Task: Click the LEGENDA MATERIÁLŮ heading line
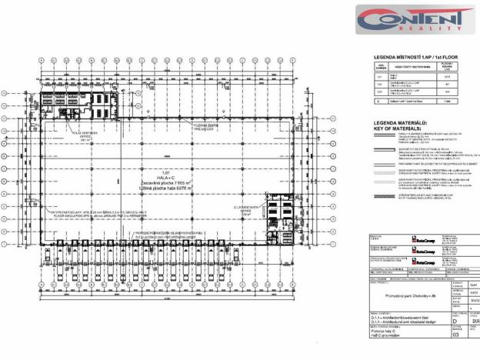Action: click(x=400, y=122)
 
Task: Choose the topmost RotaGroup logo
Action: click(x=422, y=238)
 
